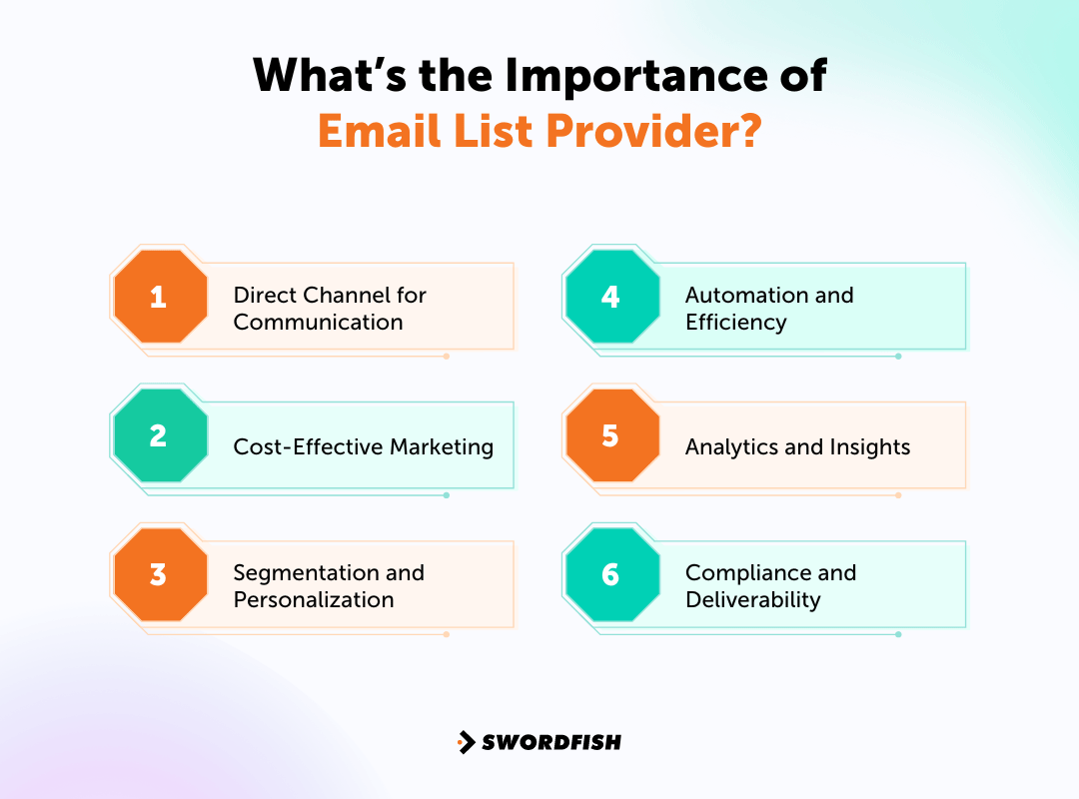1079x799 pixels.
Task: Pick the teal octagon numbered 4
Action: pyautogui.click(x=611, y=297)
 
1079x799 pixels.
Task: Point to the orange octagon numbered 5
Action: pyautogui.click(x=611, y=435)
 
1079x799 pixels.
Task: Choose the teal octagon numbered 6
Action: pyautogui.click(x=611, y=574)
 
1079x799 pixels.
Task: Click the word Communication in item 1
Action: pyautogui.click(x=318, y=323)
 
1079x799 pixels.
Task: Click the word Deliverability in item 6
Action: pyautogui.click(x=752, y=600)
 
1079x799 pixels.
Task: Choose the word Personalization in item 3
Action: pyautogui.click(x=313, y=600)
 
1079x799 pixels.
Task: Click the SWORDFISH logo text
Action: pyautogui.click(x=551, y=742)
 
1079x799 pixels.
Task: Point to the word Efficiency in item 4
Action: pyautogui.click(x=735, y=323)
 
